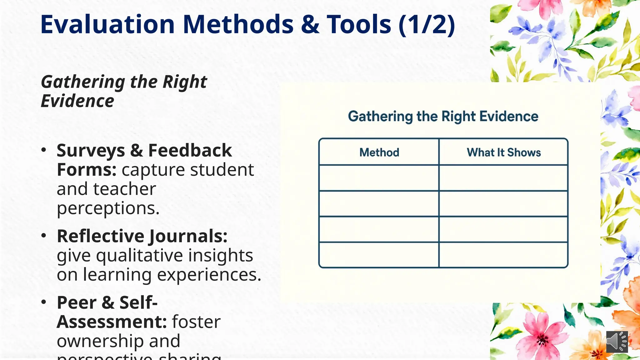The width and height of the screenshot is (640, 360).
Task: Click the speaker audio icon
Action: [617, 342]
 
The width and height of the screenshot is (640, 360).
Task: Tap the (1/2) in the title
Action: [427, 24]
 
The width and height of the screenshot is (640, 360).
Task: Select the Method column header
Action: [379, 152]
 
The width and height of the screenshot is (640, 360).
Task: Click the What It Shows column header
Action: [503, 152]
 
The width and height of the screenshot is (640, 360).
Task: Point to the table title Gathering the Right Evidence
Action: [443, 117]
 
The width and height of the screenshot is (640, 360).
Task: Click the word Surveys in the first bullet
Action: [91, 151]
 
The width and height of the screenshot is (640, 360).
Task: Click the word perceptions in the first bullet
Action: [108, 208]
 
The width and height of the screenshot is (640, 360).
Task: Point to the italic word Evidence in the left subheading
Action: [77, 101]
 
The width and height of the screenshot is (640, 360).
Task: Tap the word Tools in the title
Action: [359, 24]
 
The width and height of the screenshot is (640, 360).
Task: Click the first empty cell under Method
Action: [379, 178]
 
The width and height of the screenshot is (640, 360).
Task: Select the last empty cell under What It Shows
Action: [503, 255]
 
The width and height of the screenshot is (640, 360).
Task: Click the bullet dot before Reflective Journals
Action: [44, 236]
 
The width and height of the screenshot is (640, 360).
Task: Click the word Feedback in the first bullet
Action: [190, 151]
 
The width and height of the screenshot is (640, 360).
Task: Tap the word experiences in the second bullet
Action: [209, 275]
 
